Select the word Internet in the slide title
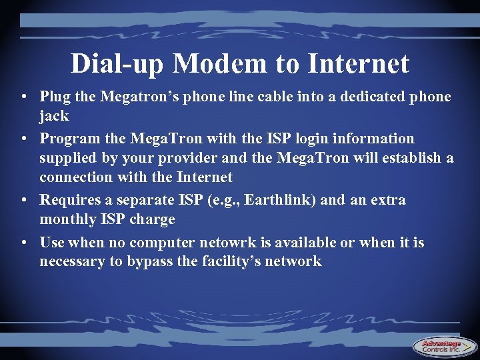(x=359, y=64)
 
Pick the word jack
(x=54, y=117)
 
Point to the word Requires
(x=68, y=201)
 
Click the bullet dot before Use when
(x=23, y=243)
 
